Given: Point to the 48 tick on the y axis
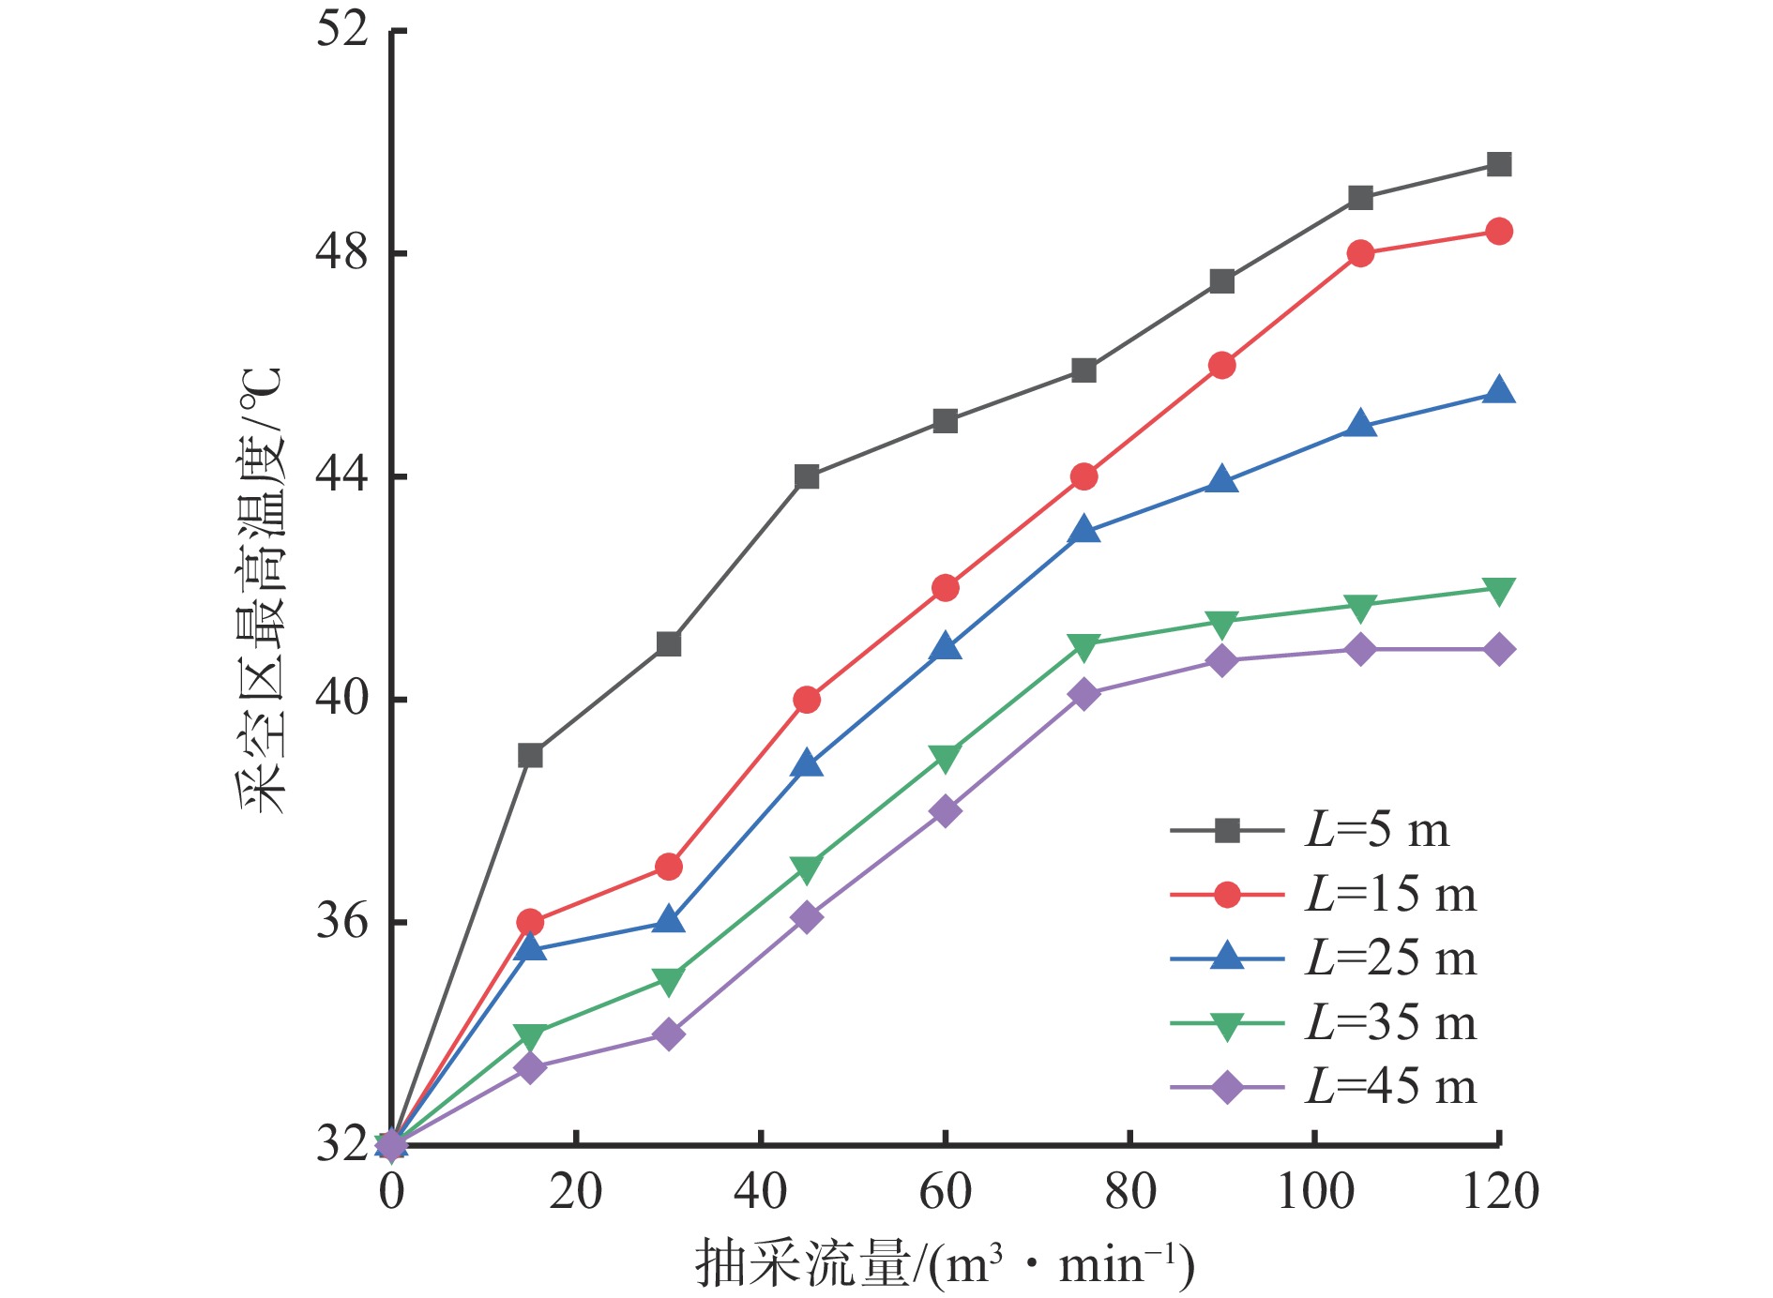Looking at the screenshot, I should pyautogui.click(x=341, y=252).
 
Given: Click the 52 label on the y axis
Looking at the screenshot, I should pyautogui.click(x=341, y=30).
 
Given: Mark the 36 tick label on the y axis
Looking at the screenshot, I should pyautogui.click(x=341, y=922).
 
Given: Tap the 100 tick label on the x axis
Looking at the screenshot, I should pyautogui.click(x=1315, y=1192).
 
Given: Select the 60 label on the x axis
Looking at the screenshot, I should pyautogui.click(x=945, y=1192).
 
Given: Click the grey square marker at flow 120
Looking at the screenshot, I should pyautogui.click(x=1499, y=164).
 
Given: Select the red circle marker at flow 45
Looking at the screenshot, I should pyautogui.click(x=807, y=700).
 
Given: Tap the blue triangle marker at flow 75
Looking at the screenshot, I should pyautogui.click(x=1083, y=531).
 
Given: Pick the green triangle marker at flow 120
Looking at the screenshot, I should pyautogui.click(x=1499, y=590).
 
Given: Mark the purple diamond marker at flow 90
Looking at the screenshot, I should pyautogui.click(x=1222, y=661).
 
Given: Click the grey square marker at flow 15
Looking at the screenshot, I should pyautogui.click(x=530, y=755).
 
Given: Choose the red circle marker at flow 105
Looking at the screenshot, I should pyautogui.click(x=1360, y=253).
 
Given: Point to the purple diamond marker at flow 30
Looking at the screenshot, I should pyautogui.click(x=669, y=1034).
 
